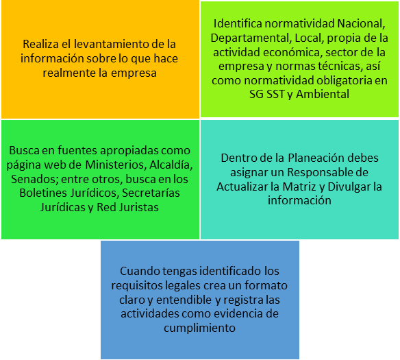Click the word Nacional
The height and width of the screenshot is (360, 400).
(x=361, y=24)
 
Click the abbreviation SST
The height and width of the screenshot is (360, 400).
(x=275, y=94)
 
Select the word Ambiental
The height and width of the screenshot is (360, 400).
(x=323, y=94)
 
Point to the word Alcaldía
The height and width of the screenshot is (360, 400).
(x=171, y=165)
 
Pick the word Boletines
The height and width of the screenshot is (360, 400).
(x=43, y=193)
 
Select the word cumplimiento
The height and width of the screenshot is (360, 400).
(x=199, y=328)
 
